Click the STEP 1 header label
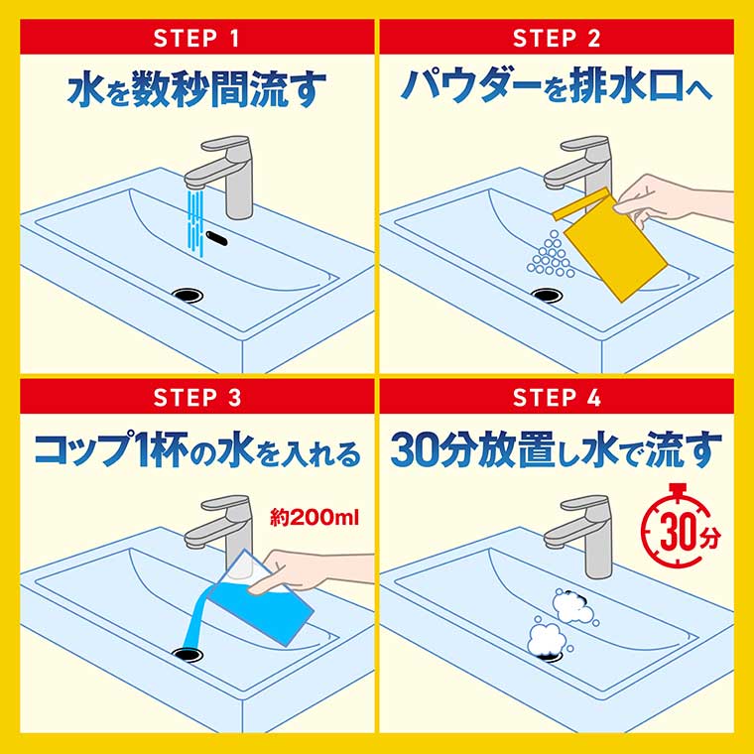pyautogui.click(x=196, y=39)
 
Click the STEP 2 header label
pyautogui.click(x=556, y=39)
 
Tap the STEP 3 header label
pyautogui.click(x=196, y=398)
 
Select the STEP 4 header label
pyautogui.click(x=556, y=398)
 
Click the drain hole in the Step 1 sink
pyautogui.click(x=186, y=293)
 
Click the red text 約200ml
pyautogui.click(x=314, y=517)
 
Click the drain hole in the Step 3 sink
pyautogui.click(x=186, y=652)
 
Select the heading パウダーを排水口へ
pyautogui.click(x=556, y=87)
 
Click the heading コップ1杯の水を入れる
pyautogui.click(x=196, y=448)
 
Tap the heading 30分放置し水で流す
pyautogui.click(x=556, y=448)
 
